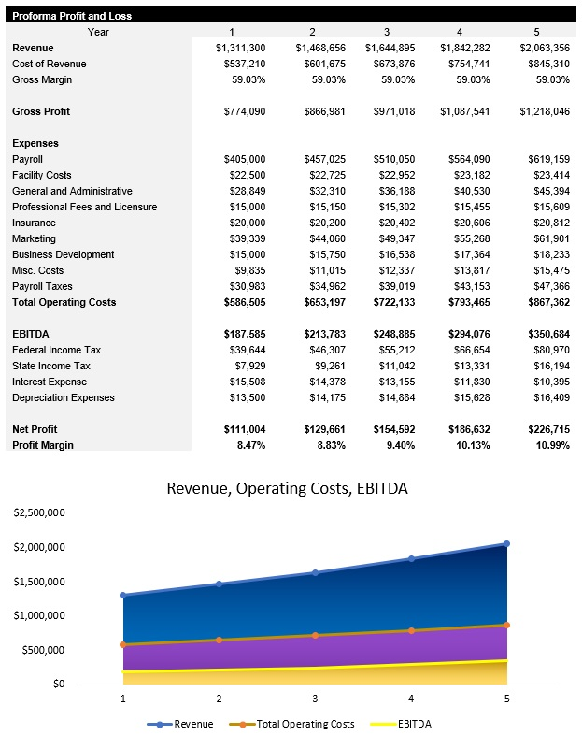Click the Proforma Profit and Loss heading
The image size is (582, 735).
click(x=72, y=16)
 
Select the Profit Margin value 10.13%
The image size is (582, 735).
click(x=474, y=445)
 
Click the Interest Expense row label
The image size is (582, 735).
click(x=50, y=382)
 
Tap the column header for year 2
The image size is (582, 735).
click(x=312, y=32)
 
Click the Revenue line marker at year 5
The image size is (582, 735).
click(x=506, y=543)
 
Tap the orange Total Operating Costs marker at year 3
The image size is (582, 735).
click(x=315, y=635)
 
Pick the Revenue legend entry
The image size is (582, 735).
click(x=186, y=724)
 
